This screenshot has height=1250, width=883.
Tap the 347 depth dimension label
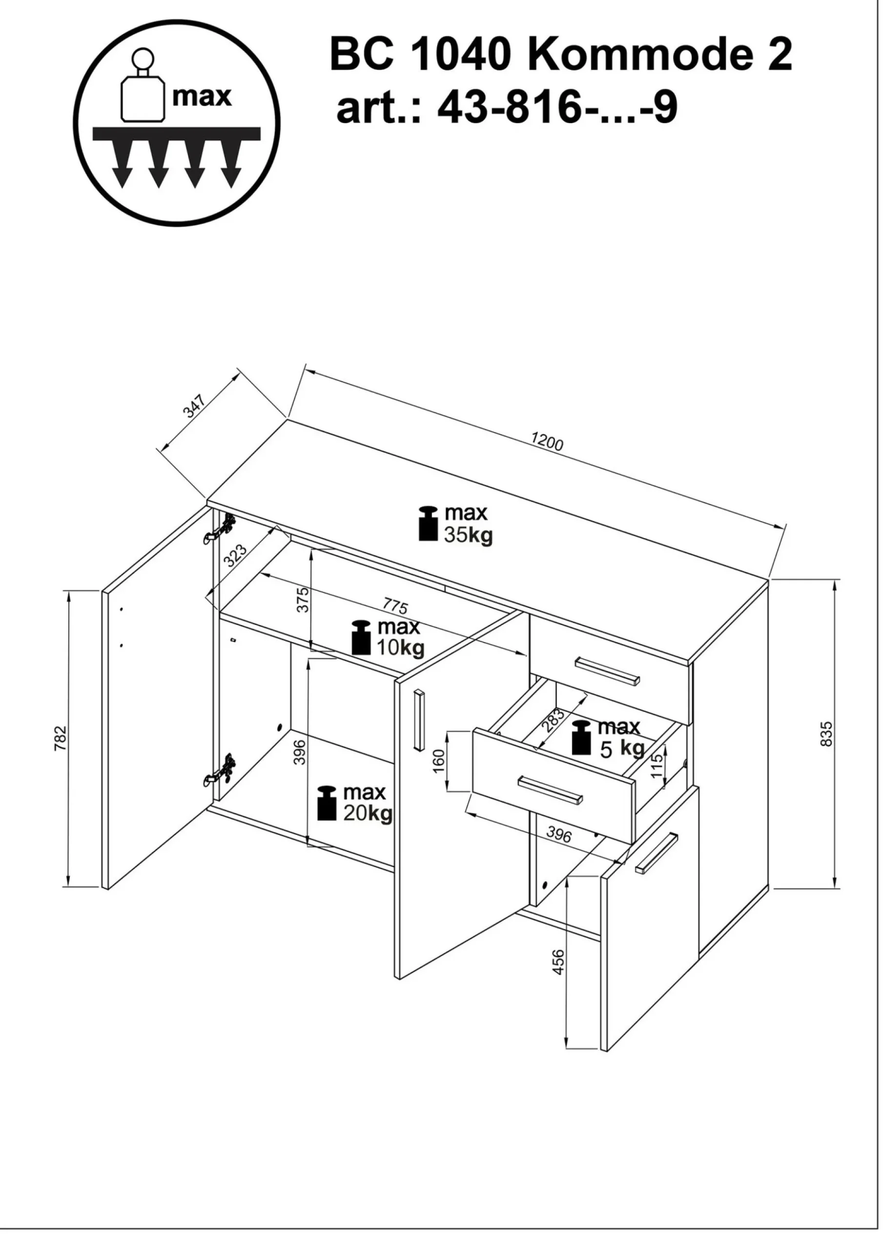[x=194, y=405]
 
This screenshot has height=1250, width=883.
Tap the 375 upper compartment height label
[x=303, y=600]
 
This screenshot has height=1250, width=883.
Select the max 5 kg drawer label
[x=608, y=739]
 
